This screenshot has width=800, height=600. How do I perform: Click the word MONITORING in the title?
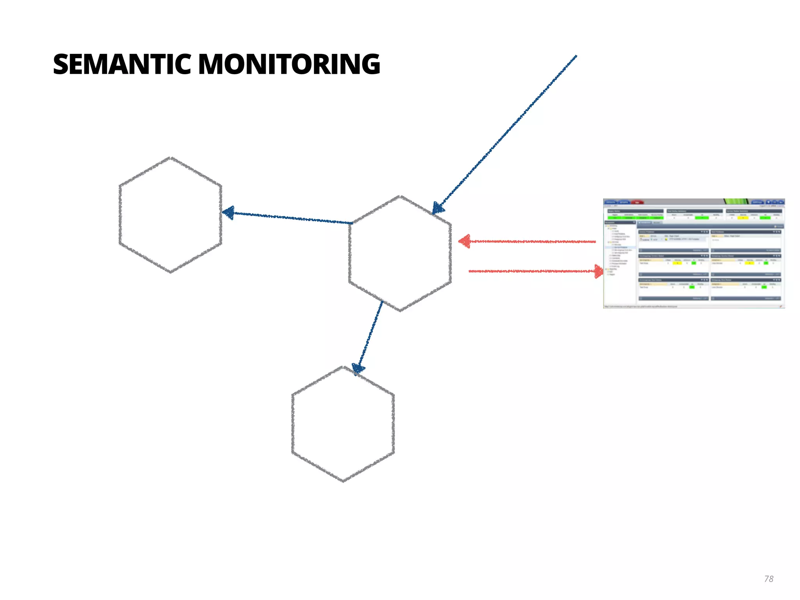click(289, 64)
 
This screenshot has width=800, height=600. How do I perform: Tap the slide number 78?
click(768, 579)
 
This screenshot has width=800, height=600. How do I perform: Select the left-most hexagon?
click(170, 215)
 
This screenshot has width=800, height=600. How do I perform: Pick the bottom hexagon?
click(343, 424)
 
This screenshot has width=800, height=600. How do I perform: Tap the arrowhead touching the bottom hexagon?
click(357, 368)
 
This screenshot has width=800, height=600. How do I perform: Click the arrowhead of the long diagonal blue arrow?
click(438, 208)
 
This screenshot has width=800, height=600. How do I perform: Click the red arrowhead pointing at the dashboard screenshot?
click(598, 271)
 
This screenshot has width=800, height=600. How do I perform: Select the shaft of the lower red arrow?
click(531, 271)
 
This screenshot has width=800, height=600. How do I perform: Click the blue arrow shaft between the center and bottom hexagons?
click(371, 334)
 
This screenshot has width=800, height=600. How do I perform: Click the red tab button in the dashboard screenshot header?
click(637, 202)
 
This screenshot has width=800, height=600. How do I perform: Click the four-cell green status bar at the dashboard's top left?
click(635, 218)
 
